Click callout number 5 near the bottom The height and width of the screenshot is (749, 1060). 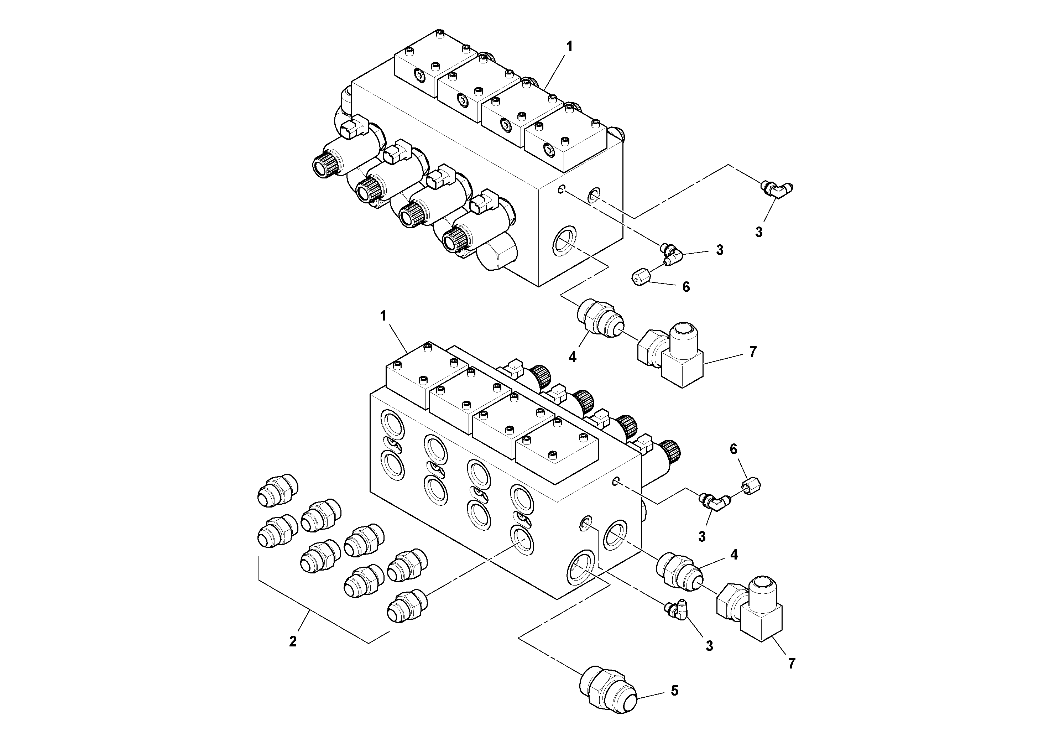point(674,691)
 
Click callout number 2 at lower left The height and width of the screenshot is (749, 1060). point(293,641)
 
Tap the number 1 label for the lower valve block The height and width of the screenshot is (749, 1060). point(383,316)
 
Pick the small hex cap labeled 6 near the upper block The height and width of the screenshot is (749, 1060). point(639,279)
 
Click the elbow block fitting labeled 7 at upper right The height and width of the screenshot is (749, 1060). point(672,355)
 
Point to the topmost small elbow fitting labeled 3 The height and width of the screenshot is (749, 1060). point(777,189)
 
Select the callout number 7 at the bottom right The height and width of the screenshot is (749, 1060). point(791,664)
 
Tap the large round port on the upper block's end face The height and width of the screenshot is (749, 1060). point(564,240)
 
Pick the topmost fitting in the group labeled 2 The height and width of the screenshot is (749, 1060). point(277,489)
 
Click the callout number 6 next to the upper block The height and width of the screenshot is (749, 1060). point(686,287)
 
